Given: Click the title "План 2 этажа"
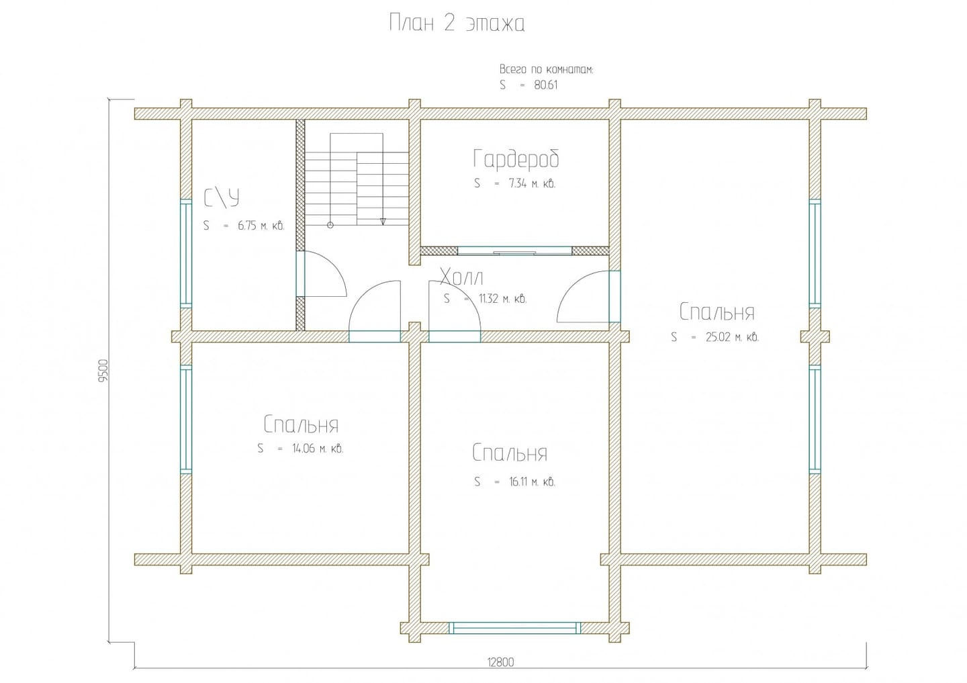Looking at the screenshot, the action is coord(457,23).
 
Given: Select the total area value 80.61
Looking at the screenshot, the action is coord(546,85).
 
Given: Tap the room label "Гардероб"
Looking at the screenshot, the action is coord(516,158).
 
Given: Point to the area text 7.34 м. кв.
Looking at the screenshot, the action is coord(532,184).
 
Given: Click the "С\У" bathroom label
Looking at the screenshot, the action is coord(222,198).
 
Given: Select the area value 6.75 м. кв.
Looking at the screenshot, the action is coord(261,226).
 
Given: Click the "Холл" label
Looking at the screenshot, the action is coord(461,277).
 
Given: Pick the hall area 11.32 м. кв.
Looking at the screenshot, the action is coord(502,299).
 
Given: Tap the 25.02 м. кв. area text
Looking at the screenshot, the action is coord(732,337).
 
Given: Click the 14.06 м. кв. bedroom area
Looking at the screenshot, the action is coord(318,449).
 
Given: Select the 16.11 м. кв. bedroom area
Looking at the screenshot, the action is coord(532,482).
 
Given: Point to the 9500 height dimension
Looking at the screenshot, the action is coord(103,371).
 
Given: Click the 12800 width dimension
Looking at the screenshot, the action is coord(501,662).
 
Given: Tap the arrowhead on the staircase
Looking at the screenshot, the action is coord(383,222).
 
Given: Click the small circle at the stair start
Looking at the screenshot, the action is coord(330,225).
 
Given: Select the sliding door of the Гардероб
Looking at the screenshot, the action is coord(515,251).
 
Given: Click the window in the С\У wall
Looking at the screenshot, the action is coord(185,253).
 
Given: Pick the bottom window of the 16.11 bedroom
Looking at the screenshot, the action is coord(514,628).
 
